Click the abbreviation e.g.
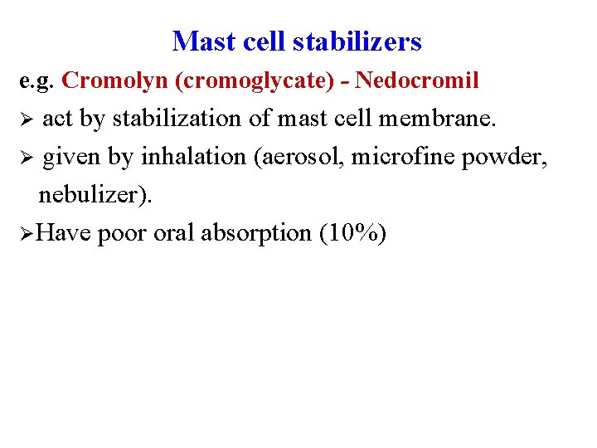click(38, 81)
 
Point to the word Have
click(64, 233)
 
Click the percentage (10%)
click(352, 234)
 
